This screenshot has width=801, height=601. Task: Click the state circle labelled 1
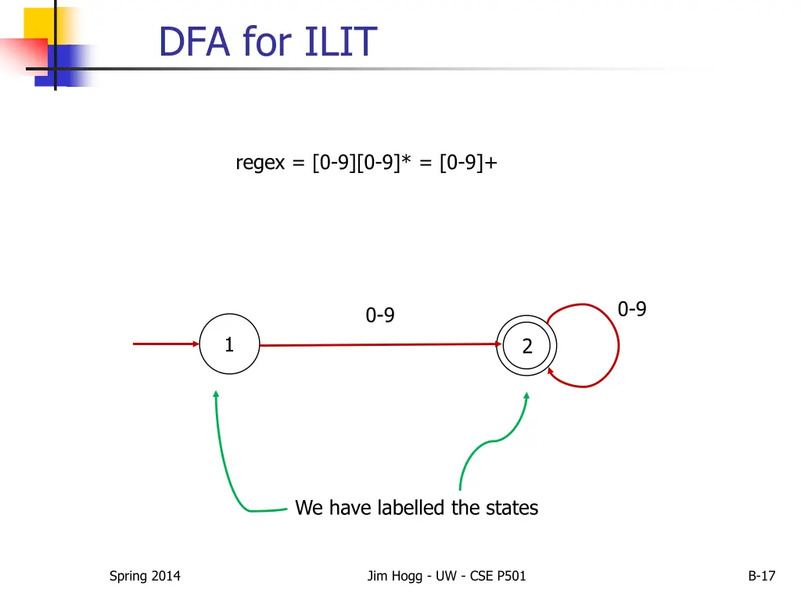229,344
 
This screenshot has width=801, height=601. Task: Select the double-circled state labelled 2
526,346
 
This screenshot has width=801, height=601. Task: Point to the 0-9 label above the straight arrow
380,316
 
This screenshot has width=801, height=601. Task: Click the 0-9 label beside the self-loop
632,310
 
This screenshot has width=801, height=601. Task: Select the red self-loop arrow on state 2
616,344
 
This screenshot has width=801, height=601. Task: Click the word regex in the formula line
260,163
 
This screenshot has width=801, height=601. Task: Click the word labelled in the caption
412,508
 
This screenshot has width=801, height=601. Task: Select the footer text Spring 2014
145,577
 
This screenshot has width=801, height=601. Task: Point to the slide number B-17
761,577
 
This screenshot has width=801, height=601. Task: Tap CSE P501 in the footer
500,577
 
